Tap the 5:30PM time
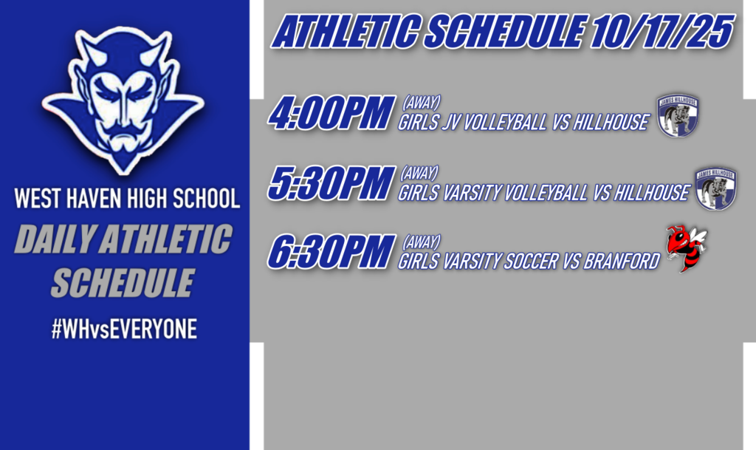pyautogui.click(x=329, y=185)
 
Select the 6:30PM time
pyautogui.click(x=329, y=253)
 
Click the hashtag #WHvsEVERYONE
pyautogui.click(x=124, y=330)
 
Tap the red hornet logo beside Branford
pyautogui.click(x=686, y=248)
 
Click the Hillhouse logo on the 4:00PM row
pyautogui.click(x=678, y=116)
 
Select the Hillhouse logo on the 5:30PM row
pyautogui.click(x=715, y=188)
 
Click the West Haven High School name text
pyautogui.click(x=127, y=200)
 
